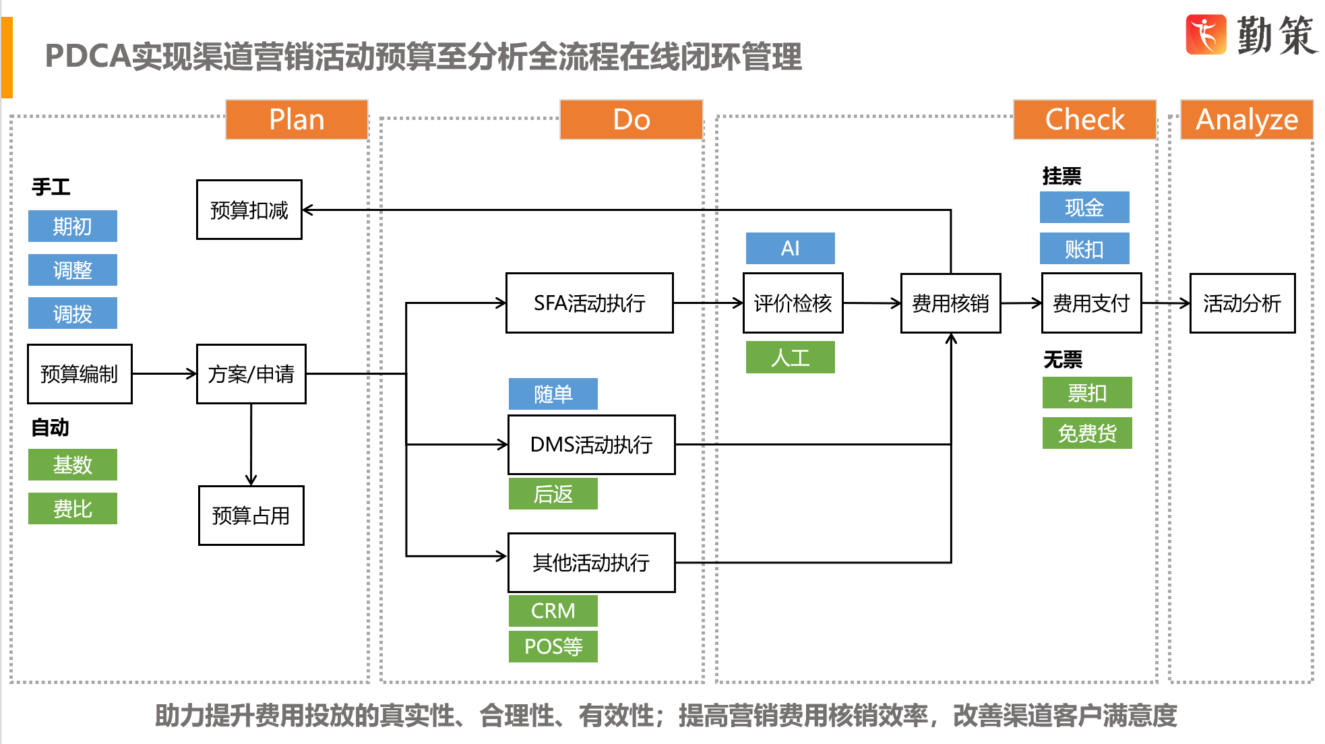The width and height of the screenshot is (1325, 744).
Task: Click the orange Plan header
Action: [x=297, y=120]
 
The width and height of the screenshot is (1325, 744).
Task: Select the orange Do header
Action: [x=631, y=120]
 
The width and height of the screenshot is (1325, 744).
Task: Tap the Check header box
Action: [x=1084, y=120]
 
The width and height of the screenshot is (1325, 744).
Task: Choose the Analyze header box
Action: [x=1246, y=120]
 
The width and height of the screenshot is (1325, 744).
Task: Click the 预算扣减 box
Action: [x=249, y=210]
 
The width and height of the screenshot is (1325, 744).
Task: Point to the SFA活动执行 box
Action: [x=589, y=303]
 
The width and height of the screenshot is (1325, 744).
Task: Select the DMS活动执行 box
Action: [x=591, y=445]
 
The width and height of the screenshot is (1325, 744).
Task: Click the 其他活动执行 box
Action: [x=591, y=563]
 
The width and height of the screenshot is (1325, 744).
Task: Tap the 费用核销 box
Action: [x=950, y=303]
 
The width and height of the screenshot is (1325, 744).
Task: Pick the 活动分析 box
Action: [x=1242, y=303]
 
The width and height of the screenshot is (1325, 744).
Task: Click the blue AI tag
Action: [x=790, y=249]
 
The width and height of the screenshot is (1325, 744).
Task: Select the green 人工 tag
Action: [x=790, y=357]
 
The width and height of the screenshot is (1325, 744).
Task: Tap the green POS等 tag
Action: [x=553, y=646]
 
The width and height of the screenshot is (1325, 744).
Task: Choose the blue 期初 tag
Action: [x=72, y=226]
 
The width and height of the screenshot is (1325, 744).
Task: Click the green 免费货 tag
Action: [x=1086, y=433]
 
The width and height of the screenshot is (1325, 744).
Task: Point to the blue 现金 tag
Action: [x=1084, y=208]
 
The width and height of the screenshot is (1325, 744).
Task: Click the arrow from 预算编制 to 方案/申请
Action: [x=164, y=373]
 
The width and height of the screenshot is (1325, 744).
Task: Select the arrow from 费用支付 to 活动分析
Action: [x=1165, y=303]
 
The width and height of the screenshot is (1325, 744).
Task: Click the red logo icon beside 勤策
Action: [x=1206, y=34]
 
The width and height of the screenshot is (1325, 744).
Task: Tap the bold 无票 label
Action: [x=1062, y=360]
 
